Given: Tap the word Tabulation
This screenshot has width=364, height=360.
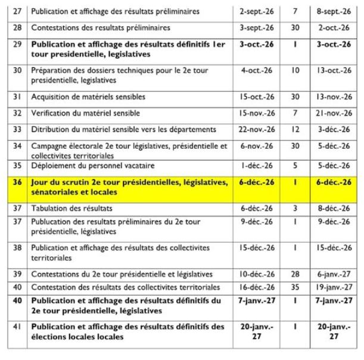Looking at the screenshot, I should click(49, 208).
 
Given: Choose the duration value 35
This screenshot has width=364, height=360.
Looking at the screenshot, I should click(295, 287).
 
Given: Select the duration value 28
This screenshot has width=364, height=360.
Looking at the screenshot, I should click(295, 274).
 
